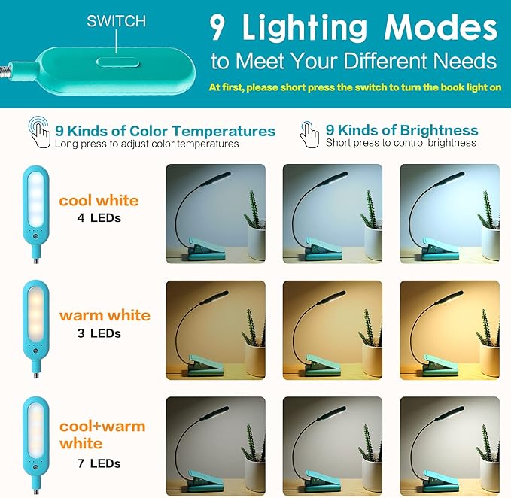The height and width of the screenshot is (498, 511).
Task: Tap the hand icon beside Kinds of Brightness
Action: click(309, 134)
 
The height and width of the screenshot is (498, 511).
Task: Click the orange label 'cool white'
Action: click(99, 200)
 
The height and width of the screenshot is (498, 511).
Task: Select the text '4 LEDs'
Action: click(100, 218)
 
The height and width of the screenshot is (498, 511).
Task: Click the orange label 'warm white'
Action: click(105, 315)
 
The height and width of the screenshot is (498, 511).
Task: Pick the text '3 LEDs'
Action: click(100, 333)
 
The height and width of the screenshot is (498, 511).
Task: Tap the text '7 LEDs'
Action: click(100, 463)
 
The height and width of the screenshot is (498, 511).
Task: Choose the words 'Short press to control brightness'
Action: click(400, 143)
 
